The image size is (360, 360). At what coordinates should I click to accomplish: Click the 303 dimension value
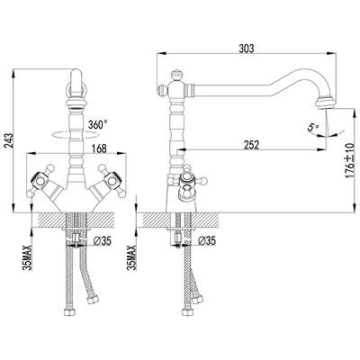tap(246, 49)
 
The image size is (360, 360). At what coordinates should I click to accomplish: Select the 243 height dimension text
tap(9, 139)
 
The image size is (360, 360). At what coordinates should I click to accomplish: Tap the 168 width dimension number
tap(99, 148)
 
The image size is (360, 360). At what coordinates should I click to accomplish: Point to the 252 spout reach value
tap(251, 144)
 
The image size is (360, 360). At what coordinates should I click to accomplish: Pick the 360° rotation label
tap(98, 124)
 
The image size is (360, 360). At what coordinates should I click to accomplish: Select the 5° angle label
tap(312, 127)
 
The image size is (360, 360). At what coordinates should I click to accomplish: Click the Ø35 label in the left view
tap(103, 240)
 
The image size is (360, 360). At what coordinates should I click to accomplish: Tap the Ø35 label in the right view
tap(207, 240)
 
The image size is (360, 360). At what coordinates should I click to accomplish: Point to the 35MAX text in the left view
tap(28, 257)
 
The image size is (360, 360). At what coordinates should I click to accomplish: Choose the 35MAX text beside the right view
tap(131, 257)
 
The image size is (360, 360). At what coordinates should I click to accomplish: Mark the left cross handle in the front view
tap(40, 181)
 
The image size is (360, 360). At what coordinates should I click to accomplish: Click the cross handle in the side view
tap(187, 183)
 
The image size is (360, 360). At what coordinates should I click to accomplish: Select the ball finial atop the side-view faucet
tap(176, 75)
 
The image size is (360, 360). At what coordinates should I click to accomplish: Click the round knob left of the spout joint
tap(162, 89)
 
